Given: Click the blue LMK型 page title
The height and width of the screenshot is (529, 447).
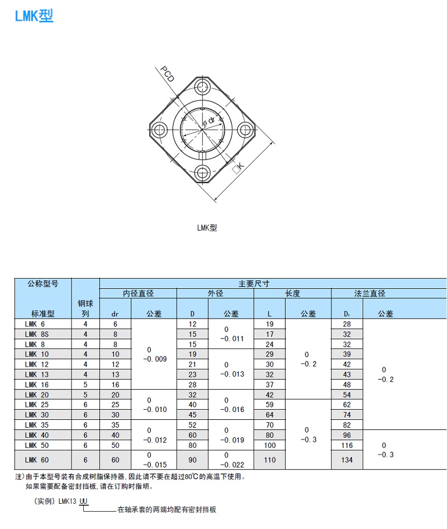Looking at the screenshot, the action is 34,16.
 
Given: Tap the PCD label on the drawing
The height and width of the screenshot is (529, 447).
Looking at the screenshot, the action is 168,74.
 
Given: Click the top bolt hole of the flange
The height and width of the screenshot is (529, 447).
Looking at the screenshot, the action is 202,87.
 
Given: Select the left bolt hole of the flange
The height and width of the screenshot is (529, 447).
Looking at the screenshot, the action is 159,129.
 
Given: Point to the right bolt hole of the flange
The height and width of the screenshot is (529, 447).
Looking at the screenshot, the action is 245,129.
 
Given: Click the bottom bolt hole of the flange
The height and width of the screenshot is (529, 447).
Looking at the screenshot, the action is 202,173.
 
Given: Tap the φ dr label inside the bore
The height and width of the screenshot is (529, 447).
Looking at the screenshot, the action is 209,121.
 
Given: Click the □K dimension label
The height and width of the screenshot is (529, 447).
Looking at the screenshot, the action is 238,168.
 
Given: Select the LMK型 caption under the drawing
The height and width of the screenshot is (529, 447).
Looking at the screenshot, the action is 207,228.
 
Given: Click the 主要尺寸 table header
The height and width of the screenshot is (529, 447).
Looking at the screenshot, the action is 254,283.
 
